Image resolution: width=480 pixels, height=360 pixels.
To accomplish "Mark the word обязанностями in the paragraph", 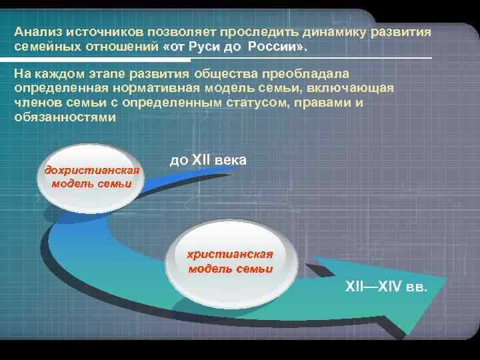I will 64,118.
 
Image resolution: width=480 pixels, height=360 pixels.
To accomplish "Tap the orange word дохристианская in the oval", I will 92,170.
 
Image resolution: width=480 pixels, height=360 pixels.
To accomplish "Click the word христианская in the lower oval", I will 230,255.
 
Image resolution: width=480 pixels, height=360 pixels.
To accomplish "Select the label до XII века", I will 208,160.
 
